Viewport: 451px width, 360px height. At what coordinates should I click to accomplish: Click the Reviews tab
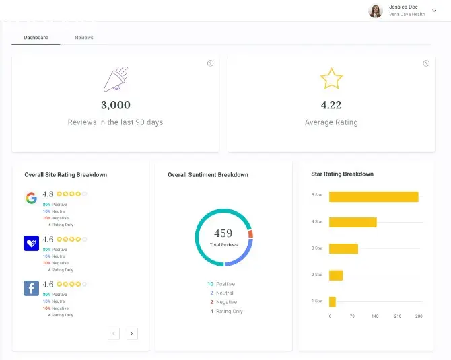coord(84,38)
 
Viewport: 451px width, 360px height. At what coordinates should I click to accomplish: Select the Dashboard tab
coord(36,38)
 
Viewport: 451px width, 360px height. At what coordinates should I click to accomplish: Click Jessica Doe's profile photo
coord(376,11)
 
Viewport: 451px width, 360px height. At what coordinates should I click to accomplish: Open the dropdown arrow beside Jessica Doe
coord(434,11)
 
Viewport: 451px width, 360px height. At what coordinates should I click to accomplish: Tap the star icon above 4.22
coord(331,79)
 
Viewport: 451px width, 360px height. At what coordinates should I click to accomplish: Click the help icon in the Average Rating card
coord(426,63)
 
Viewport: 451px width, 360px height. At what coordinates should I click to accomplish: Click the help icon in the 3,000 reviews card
coord(210,63)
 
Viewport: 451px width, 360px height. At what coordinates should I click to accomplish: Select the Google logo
coord(31,198)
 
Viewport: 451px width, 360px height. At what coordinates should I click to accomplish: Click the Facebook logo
coord(31,289)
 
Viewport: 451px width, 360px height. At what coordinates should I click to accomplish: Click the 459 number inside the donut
coord(223,233)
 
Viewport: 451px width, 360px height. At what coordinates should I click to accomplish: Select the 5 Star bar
coord(374,196)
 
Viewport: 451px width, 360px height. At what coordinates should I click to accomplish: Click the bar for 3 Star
coord(343,248)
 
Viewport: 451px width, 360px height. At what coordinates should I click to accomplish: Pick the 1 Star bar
coord(333,301)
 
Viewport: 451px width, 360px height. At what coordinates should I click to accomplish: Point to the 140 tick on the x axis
coord(375,316)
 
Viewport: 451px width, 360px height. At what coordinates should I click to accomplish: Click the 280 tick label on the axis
coord(418,316)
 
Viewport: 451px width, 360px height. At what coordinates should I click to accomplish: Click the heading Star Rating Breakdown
coord(342,174)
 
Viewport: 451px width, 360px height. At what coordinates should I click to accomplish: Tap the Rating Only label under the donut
coord(230,312)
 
